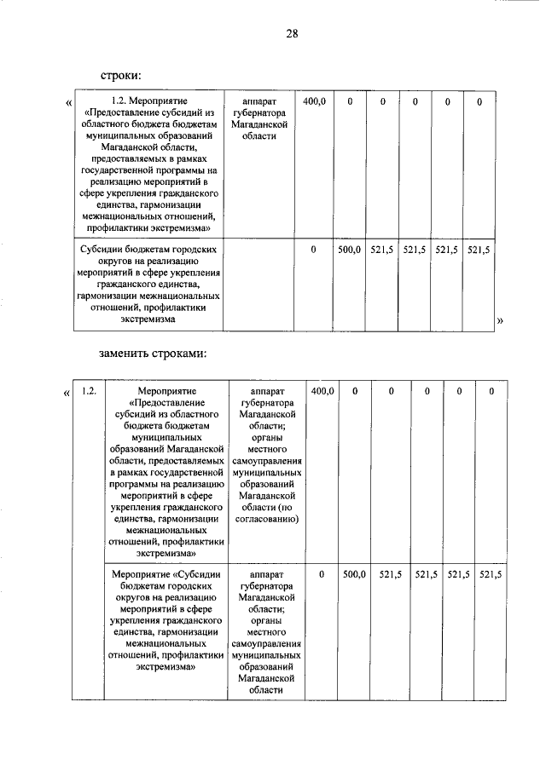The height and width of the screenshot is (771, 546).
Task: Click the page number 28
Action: (x=291, y=34)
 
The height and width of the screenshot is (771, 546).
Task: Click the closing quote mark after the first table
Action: (x=500, y=319)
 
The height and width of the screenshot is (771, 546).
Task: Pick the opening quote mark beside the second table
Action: (x=67, y=393)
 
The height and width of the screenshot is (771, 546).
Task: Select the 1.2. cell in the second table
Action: (x=89, y=391)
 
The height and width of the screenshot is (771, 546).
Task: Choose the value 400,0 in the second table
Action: (x=322, y=391)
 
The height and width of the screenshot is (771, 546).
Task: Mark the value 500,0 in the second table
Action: (x=354, y=576)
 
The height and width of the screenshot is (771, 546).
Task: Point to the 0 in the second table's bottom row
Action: (x=322, y=576)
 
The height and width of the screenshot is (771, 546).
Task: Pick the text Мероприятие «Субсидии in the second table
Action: (x=166, y=576)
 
